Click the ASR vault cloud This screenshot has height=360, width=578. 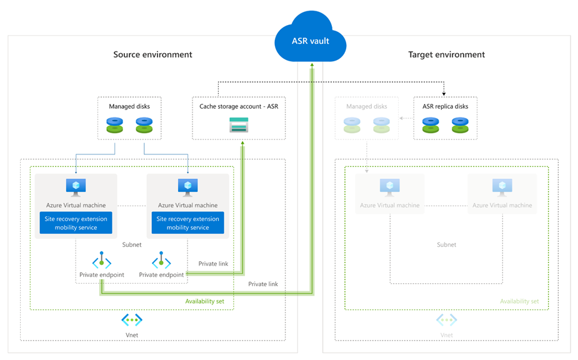click(311, 41)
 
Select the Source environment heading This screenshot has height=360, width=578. click(152, 54)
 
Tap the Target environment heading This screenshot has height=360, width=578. click(446, 54)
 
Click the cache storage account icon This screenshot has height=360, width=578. click(239, 124)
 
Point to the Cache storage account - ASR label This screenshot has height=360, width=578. click(238, 106)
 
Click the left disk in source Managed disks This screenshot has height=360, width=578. click(114, 124)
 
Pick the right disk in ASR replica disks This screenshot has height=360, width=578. click(460, 124)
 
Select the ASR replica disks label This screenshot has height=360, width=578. click(445, 106)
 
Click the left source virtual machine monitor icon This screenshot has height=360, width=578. click(76, 187)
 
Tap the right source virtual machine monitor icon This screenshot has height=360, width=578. click(187, 187)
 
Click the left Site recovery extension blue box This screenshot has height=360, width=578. click(76, 223)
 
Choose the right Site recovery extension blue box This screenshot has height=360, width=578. click(187, 223)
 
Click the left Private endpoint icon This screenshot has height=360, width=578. click(101, 261)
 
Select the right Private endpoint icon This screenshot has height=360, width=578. click(161, 261)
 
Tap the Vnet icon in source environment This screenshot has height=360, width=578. click(132, 320)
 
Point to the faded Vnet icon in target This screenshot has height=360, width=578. click(446, 320)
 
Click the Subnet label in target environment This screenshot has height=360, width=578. click(446, 245)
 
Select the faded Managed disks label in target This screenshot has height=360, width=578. click(366, 106)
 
